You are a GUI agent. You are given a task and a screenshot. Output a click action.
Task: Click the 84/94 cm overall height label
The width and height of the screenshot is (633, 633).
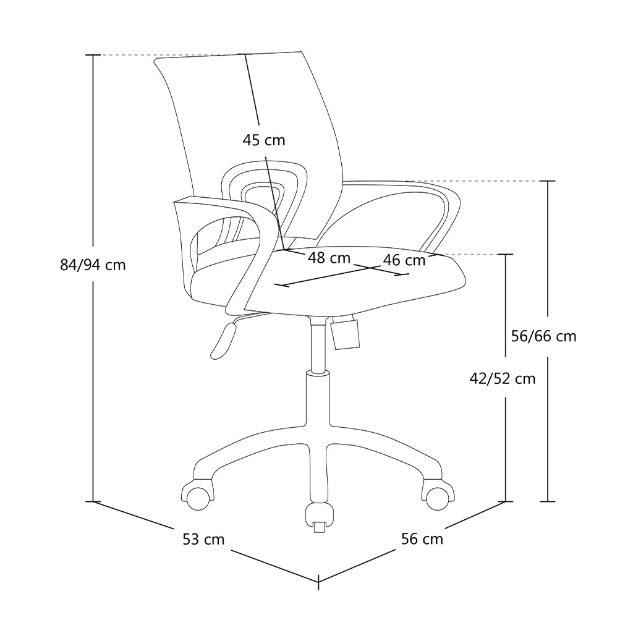click(93, 265)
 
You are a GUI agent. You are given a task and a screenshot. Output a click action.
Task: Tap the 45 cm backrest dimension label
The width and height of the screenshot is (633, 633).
click(264, 140)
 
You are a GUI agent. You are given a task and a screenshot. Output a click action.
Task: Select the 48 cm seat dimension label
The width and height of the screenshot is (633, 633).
click(329, 258)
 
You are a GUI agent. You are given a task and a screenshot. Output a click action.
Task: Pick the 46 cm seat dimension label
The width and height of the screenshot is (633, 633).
click(404, 260)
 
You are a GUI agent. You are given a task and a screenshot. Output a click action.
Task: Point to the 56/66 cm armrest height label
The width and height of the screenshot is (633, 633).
click(543, 336)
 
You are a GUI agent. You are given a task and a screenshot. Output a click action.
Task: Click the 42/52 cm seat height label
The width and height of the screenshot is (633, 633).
click(502, 378)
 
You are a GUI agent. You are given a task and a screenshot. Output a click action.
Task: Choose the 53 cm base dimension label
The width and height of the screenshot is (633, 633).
click(203, 540)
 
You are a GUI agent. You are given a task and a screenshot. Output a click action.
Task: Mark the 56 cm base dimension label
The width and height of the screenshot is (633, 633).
click(422, 539)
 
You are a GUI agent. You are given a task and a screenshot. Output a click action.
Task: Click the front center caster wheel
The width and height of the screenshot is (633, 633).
click(320, 516)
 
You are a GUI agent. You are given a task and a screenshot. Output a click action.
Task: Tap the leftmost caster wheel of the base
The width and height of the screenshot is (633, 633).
click(197, 497)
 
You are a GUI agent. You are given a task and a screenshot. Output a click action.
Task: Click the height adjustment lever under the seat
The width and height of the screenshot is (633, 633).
click(224, 340)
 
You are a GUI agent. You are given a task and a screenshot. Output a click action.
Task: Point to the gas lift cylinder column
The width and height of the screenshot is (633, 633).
click(318, 346)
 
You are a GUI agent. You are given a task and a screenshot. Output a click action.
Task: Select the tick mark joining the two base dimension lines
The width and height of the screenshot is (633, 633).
click(318, 581)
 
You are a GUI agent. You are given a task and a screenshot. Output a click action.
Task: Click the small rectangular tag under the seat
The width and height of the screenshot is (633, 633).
click(345, 333)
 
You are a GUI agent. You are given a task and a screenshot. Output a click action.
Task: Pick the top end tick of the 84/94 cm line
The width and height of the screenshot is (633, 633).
click(93, 55)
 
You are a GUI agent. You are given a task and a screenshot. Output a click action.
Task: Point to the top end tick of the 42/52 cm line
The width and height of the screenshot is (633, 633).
click(506, 254)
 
